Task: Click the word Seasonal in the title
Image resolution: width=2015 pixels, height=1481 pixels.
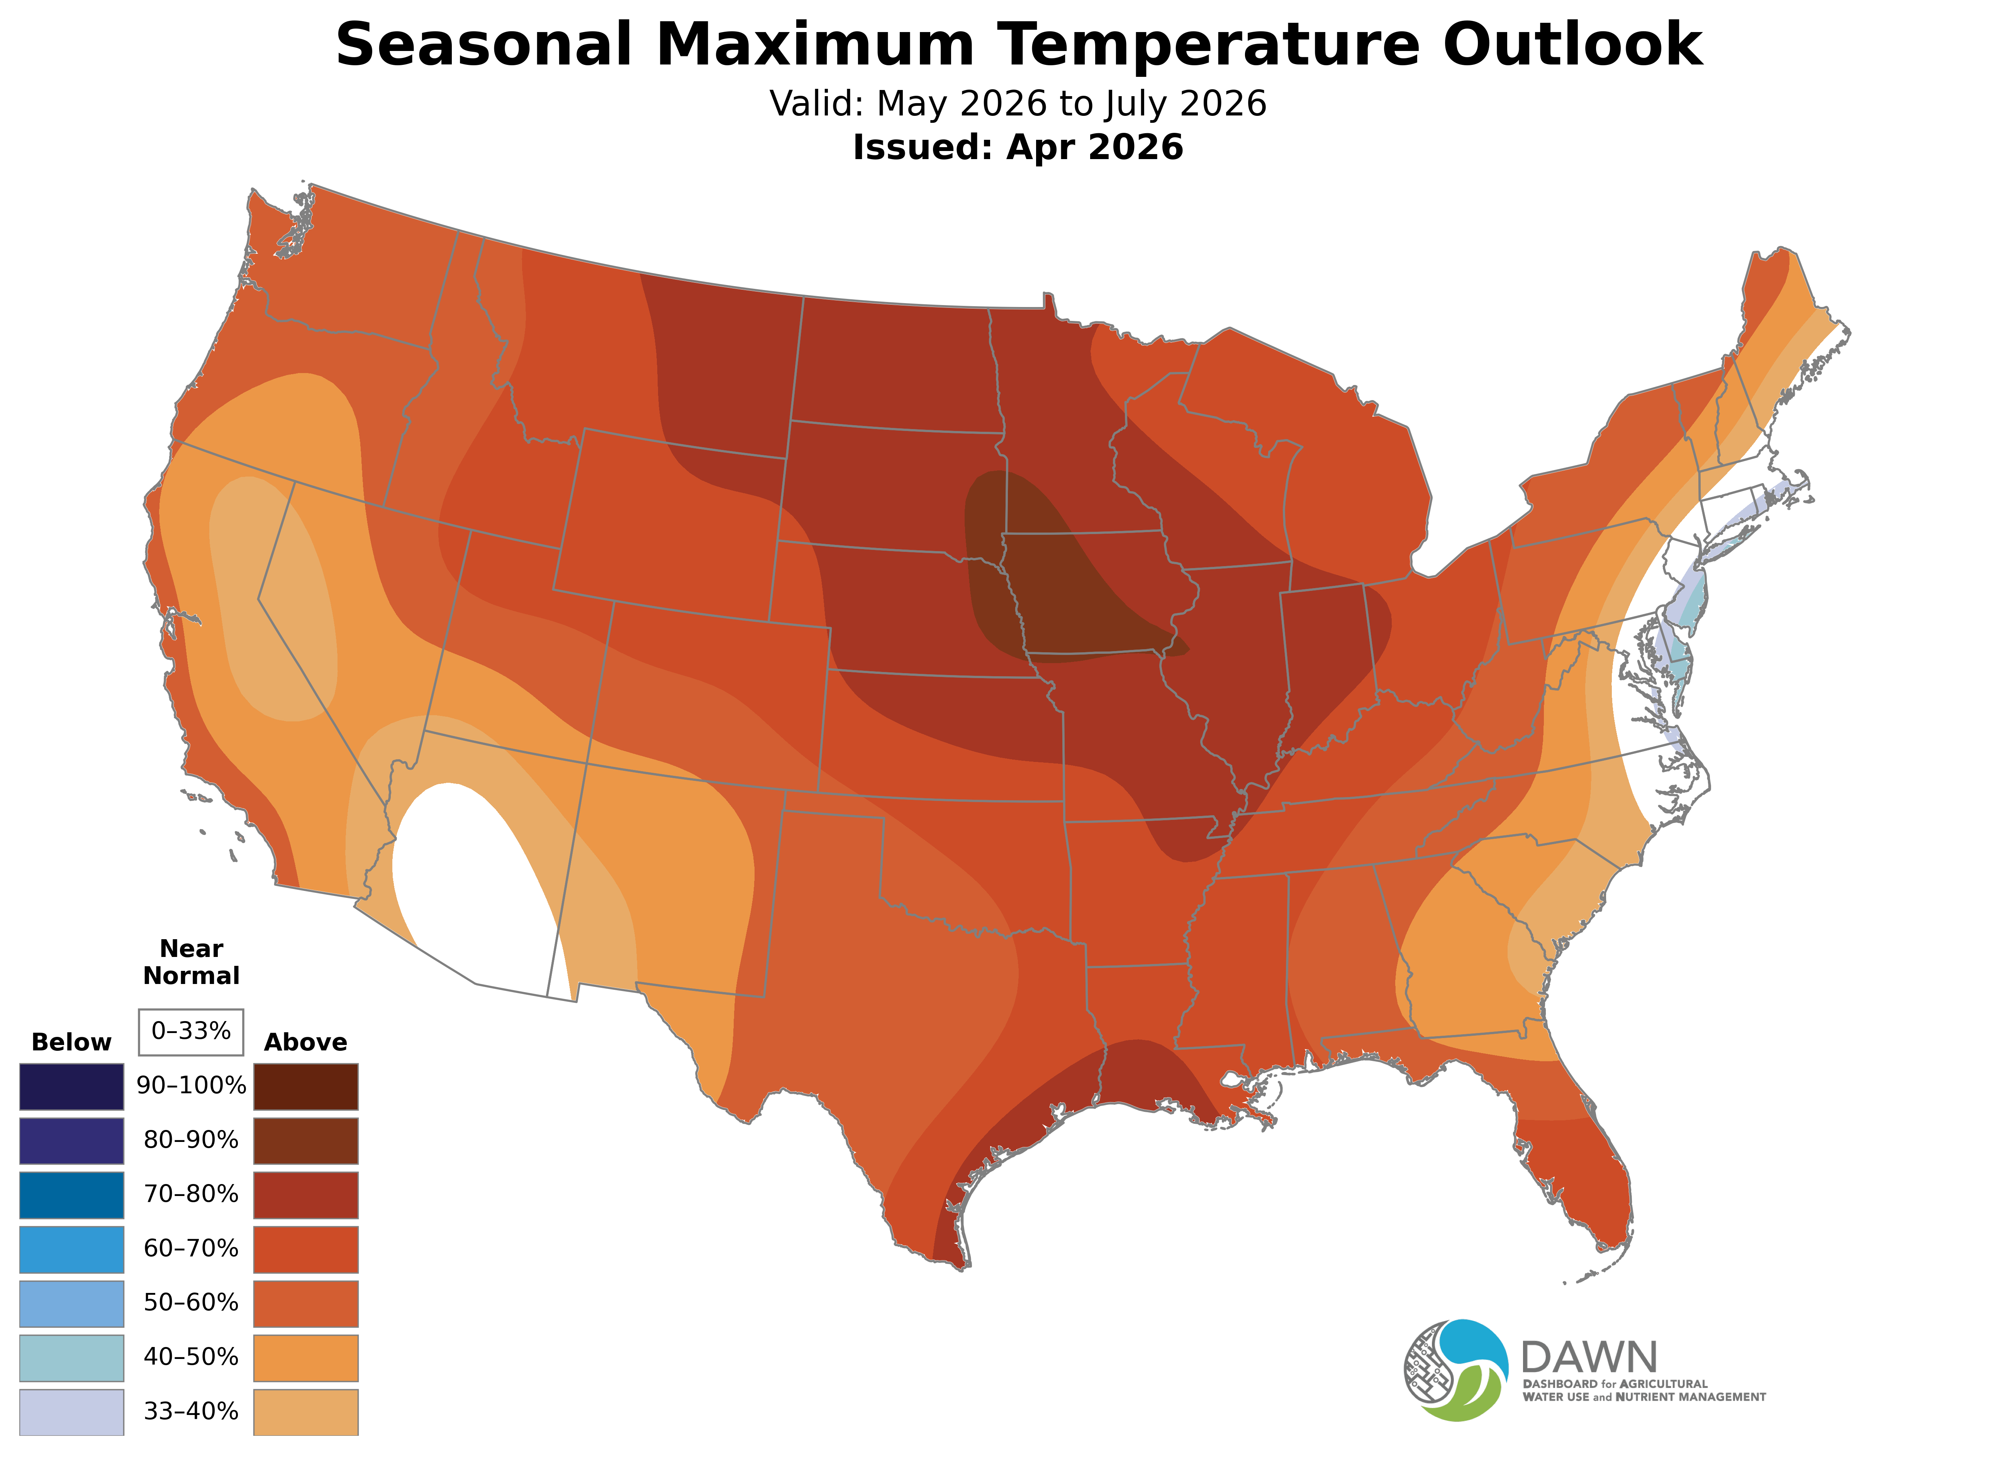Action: click(484, 45)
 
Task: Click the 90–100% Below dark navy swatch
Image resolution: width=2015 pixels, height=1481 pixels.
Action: click(72, 1087)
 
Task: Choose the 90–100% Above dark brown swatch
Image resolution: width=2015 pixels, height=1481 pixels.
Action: click(306, 1087)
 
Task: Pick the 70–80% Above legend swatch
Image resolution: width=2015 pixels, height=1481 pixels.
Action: click(306, 1195)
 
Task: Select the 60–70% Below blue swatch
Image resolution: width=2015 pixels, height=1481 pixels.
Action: click(72, 1249)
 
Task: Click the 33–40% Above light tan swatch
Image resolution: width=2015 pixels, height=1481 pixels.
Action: click(306, 1412)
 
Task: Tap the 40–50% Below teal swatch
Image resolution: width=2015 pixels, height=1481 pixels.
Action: click(72, 1357)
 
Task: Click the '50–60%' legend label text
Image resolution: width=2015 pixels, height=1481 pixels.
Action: click(191, 1303)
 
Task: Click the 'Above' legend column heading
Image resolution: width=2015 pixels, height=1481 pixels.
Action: click(306, 1043)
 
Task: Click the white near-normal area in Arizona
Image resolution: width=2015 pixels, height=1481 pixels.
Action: click(466, 879)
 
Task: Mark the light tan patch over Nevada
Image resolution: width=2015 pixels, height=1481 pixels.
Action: click(273, 601)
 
